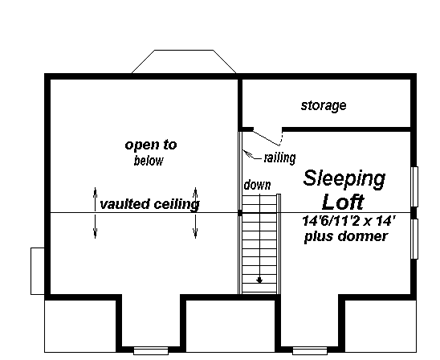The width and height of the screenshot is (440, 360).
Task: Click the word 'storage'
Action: (x=323, y=105)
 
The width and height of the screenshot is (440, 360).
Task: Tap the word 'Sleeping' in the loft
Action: (x=344, y=179)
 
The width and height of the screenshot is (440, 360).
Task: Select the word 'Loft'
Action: (x=343, y=200)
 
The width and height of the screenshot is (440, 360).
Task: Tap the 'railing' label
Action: (x=278, y=157)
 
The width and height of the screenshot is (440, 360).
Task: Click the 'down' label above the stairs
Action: (x=257, y=186)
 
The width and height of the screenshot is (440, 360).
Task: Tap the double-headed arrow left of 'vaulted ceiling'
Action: (x=96, y=211)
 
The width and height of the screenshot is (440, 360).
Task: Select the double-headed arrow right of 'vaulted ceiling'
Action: (x=196, y=211)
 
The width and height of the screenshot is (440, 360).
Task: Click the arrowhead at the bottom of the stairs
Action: (x=260, y=279)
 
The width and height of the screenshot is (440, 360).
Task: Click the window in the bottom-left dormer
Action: (x=150, y=349)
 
